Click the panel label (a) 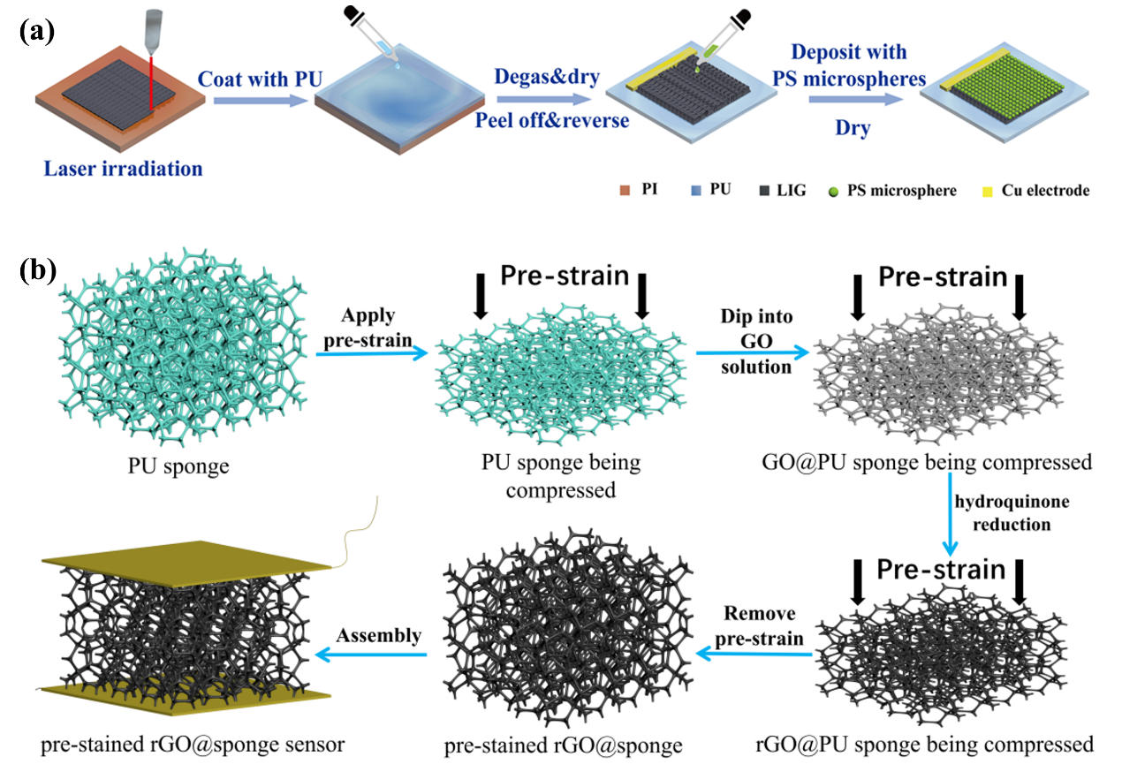36,33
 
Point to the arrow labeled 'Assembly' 372,655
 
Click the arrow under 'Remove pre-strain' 755,655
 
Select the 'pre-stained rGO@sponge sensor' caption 193,745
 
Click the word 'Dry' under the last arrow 853,129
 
